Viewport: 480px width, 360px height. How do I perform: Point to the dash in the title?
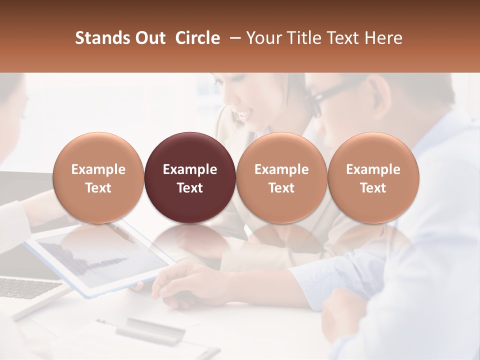[233, 38]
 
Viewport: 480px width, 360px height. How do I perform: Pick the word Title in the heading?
[299, 38]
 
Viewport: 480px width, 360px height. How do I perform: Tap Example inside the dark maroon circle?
[190, 169]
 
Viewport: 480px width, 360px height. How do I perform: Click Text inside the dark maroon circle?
[190, 188]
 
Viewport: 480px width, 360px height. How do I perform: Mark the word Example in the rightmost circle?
[373, 169]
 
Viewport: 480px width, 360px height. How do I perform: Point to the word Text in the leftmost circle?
[98, 188]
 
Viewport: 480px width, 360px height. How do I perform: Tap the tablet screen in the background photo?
[100, 260]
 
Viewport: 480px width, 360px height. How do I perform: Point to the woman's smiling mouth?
[243, 115]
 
